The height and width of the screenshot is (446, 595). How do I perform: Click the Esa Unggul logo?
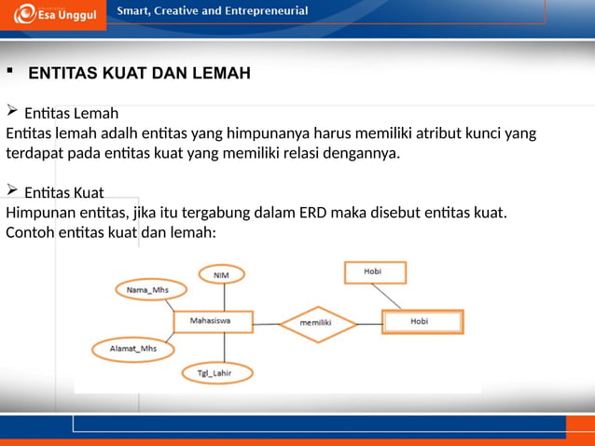54,14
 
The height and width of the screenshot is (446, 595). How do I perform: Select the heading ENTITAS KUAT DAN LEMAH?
139,73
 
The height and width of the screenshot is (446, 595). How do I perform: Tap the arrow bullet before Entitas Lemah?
12,113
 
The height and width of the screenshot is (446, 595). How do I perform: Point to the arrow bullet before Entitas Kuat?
12,191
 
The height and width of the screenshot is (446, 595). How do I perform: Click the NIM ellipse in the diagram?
222,274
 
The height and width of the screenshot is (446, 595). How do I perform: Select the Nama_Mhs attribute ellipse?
147,290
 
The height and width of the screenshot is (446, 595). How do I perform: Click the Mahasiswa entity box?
213,323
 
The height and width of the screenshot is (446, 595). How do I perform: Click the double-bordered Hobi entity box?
422,323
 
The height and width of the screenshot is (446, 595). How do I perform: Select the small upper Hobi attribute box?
376,272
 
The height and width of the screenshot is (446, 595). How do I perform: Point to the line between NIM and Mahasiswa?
220,297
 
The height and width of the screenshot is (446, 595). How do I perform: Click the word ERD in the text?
315,212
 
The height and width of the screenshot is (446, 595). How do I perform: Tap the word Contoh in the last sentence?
29,232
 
